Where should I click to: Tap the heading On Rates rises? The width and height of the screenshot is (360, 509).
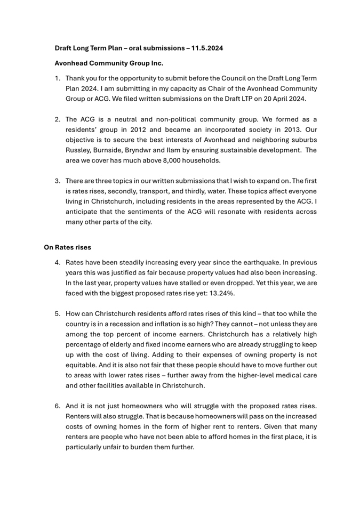[x=68, y=247]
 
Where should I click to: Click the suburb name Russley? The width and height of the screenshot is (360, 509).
[x=78, y=150]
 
